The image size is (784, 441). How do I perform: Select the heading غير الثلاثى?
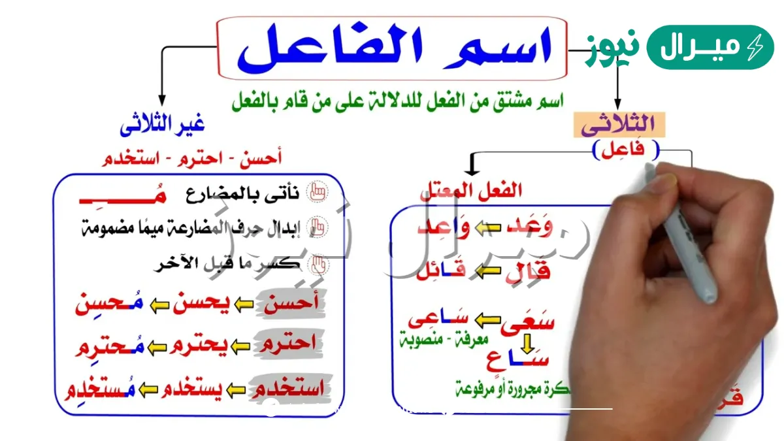point(162,124)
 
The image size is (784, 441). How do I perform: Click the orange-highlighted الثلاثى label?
point(615,124)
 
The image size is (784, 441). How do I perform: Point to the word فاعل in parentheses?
point(626,150)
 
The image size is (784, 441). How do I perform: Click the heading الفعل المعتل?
point(470,191)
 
